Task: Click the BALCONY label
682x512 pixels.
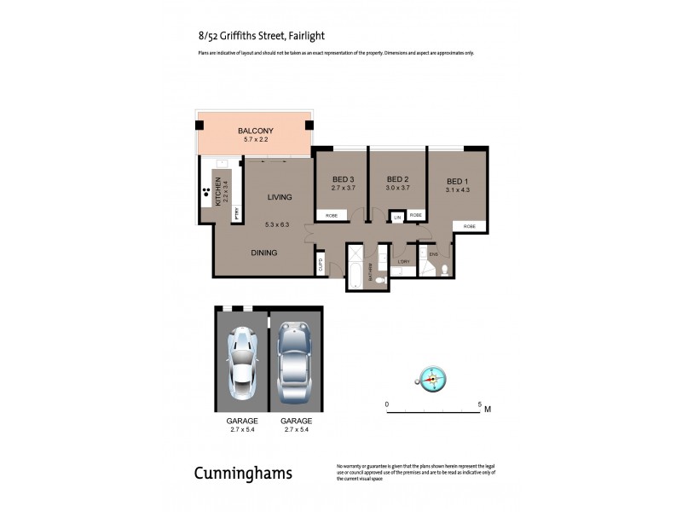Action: coord(256,131)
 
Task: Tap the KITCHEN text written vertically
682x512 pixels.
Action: coord(218,190)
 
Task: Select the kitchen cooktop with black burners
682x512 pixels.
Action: coord(206,192)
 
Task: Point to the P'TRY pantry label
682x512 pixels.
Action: coord(237,214)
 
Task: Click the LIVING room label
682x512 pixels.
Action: coord(279,197)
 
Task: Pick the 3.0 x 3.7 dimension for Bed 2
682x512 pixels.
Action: coord(397,188)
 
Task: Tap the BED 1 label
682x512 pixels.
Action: coord(458,181)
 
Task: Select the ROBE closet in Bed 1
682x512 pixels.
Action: coord(470,226)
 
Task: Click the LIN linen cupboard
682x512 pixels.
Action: coord(397,217)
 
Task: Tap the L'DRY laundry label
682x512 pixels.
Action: coord(404,261)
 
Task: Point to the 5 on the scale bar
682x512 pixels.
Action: coord(480,403)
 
